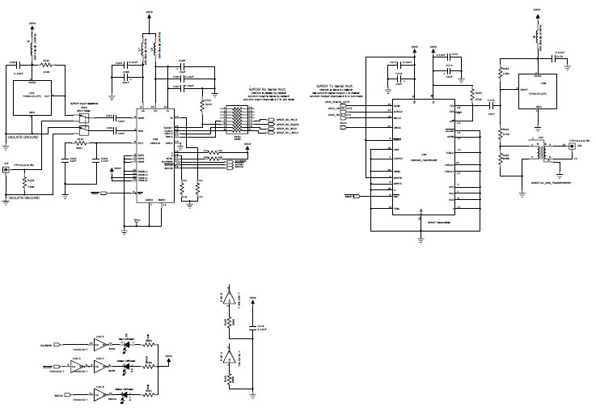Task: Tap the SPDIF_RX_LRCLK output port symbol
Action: point(270,133)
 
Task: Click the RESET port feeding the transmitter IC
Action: point(353,197)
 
